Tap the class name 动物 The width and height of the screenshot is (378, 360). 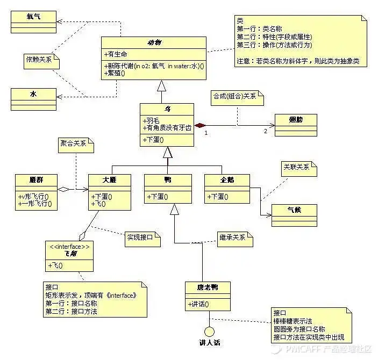coord(154,43)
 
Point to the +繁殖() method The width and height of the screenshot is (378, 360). coord(115,73)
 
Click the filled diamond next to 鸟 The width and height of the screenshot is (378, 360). coord(200,125)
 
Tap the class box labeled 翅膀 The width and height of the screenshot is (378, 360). coord(295,121)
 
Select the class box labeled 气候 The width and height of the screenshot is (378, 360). coord(294,210)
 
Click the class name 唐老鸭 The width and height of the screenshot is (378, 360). coord(208,288)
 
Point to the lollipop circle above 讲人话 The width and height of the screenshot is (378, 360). coord(209,331)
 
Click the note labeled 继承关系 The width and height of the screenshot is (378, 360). coord(234,237)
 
